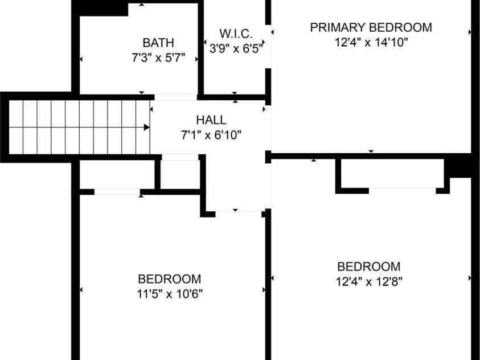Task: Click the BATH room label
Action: click(158, 43)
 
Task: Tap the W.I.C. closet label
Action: click(236, 34)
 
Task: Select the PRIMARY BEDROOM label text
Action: click(371, 27)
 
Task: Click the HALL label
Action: click(211, 120)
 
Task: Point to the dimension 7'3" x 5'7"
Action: click(158, 58)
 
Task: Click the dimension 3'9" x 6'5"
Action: click(236, 48)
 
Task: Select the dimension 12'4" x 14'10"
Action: click(371, 42)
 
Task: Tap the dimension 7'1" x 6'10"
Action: click(211, 134)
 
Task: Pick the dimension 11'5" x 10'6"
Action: click(170, 294)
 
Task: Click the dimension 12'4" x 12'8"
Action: click(369, 281)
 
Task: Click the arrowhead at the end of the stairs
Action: click(147, 127)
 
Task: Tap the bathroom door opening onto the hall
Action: click(176, 97)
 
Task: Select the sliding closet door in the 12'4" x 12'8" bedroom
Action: click(402, 191)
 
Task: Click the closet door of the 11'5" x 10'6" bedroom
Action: click(117, 192)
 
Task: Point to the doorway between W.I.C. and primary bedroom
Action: click(268, 47)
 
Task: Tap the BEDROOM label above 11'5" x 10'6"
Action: click(170, 279)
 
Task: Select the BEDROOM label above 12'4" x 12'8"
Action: click(369, 267)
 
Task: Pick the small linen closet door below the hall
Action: click(180, 157)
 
